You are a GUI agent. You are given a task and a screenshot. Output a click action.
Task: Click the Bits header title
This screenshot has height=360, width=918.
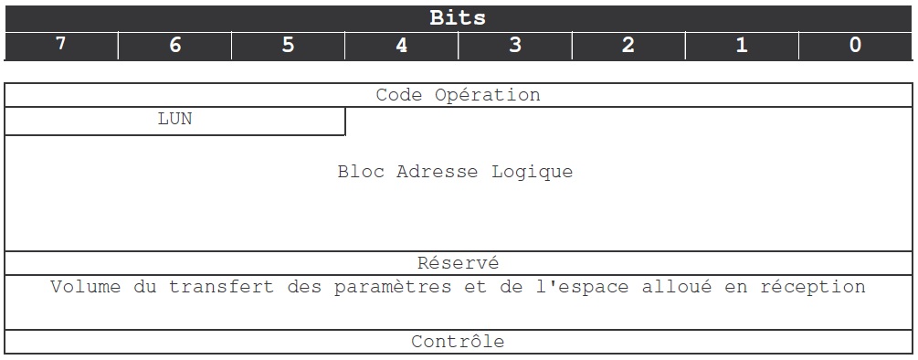click(458, 18)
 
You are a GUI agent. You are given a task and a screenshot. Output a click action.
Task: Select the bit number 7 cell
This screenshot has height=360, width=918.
click(61, 45)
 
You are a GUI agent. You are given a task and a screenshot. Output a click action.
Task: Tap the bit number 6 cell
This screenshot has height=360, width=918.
click(174, 45)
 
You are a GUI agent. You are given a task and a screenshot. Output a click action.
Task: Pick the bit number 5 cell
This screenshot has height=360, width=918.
click(288, 45)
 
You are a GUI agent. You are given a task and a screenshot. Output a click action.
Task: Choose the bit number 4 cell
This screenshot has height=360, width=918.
click(401, 45)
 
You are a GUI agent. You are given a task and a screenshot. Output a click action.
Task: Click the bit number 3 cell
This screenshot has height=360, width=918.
click(514, 45)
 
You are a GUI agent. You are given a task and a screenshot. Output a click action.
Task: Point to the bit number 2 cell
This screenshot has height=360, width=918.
click(628, 45)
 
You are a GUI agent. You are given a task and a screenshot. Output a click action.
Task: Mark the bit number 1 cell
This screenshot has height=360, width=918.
click(741, 45)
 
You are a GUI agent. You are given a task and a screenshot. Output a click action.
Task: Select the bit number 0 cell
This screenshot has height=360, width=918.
click(854, 45)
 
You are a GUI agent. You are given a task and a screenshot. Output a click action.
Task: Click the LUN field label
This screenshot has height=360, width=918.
click(174, 119)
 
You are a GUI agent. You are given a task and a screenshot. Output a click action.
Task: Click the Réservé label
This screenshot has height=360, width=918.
click(458, 263)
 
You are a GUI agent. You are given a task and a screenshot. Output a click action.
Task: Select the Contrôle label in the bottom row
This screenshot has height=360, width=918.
click(458, 342)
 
